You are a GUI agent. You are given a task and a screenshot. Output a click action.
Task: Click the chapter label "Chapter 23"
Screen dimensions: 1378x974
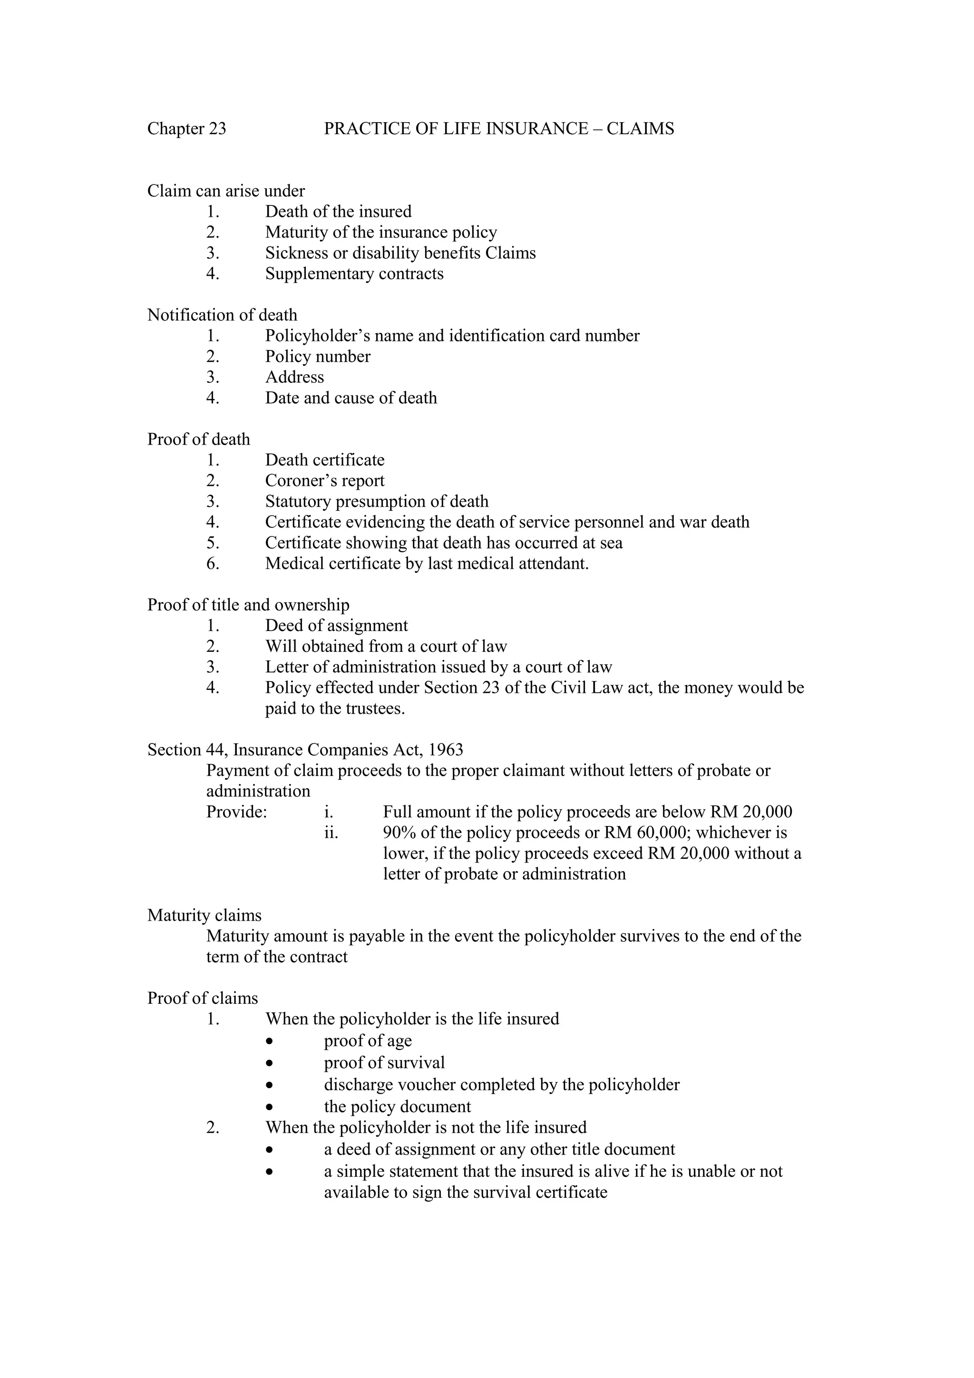[186, 129]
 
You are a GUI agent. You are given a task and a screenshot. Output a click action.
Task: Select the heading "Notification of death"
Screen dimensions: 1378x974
[222, 315]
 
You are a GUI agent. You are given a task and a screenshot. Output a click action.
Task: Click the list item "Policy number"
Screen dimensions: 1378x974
[318, 357]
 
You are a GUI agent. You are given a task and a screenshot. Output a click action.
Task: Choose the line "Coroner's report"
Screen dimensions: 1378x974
[325, 481]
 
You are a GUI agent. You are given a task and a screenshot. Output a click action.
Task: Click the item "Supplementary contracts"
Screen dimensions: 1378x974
[354, 274]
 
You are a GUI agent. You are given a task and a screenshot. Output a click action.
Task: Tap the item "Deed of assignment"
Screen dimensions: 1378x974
[336, 626]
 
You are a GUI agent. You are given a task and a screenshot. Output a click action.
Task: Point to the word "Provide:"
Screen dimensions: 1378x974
[236, 813]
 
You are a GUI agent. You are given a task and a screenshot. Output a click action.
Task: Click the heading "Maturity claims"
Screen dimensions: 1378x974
[204, 916]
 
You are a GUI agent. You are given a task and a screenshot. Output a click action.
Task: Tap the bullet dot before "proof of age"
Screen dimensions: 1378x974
[271, 1041]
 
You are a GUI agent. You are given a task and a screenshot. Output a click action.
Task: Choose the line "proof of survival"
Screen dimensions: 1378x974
[384, 1063]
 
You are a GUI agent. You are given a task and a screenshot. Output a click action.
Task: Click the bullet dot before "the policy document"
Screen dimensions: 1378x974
[271, 1106]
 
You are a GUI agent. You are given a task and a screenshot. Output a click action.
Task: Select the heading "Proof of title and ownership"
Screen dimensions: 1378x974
[248, 605]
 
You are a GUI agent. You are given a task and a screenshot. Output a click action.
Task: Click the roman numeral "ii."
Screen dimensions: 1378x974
[331, 833]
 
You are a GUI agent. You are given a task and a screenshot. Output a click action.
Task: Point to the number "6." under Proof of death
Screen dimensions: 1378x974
[213, 563]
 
